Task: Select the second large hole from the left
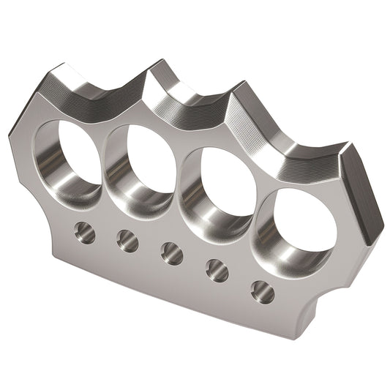click(x=140, y=168)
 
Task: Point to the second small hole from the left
click(x=127, y=241)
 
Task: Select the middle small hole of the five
click(x=172, y=253)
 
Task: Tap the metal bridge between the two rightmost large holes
click(x=252, y=212)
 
